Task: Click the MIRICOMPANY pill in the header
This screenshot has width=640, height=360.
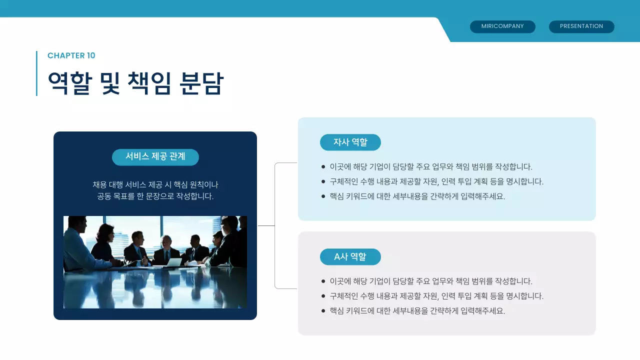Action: [x=502, y=26]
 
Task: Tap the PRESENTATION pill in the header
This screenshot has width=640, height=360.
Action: [x=581, y=26]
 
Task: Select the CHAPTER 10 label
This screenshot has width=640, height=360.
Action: [x=71, y=55]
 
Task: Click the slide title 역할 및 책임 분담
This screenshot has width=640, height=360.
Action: [x=135, y=83]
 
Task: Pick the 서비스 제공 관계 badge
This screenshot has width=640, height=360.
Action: [x=155, y=157]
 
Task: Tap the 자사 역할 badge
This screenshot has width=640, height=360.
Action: [x=350, y=142]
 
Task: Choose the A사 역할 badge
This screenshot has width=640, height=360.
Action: [x=350, y=257]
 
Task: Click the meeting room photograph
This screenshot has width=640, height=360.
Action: [x=155, y=262]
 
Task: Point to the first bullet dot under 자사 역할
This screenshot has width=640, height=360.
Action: [x=323, y=166]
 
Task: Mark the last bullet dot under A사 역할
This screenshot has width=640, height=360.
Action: [x=323, y=310]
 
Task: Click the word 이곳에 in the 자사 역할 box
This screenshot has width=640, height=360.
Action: [x=340, y=167]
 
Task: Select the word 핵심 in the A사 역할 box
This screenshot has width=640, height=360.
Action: [x=337, y=311]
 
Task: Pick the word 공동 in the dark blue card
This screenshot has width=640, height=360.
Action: [x=104, y=196]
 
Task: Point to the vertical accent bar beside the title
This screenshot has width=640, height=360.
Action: [x=36, y=73]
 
